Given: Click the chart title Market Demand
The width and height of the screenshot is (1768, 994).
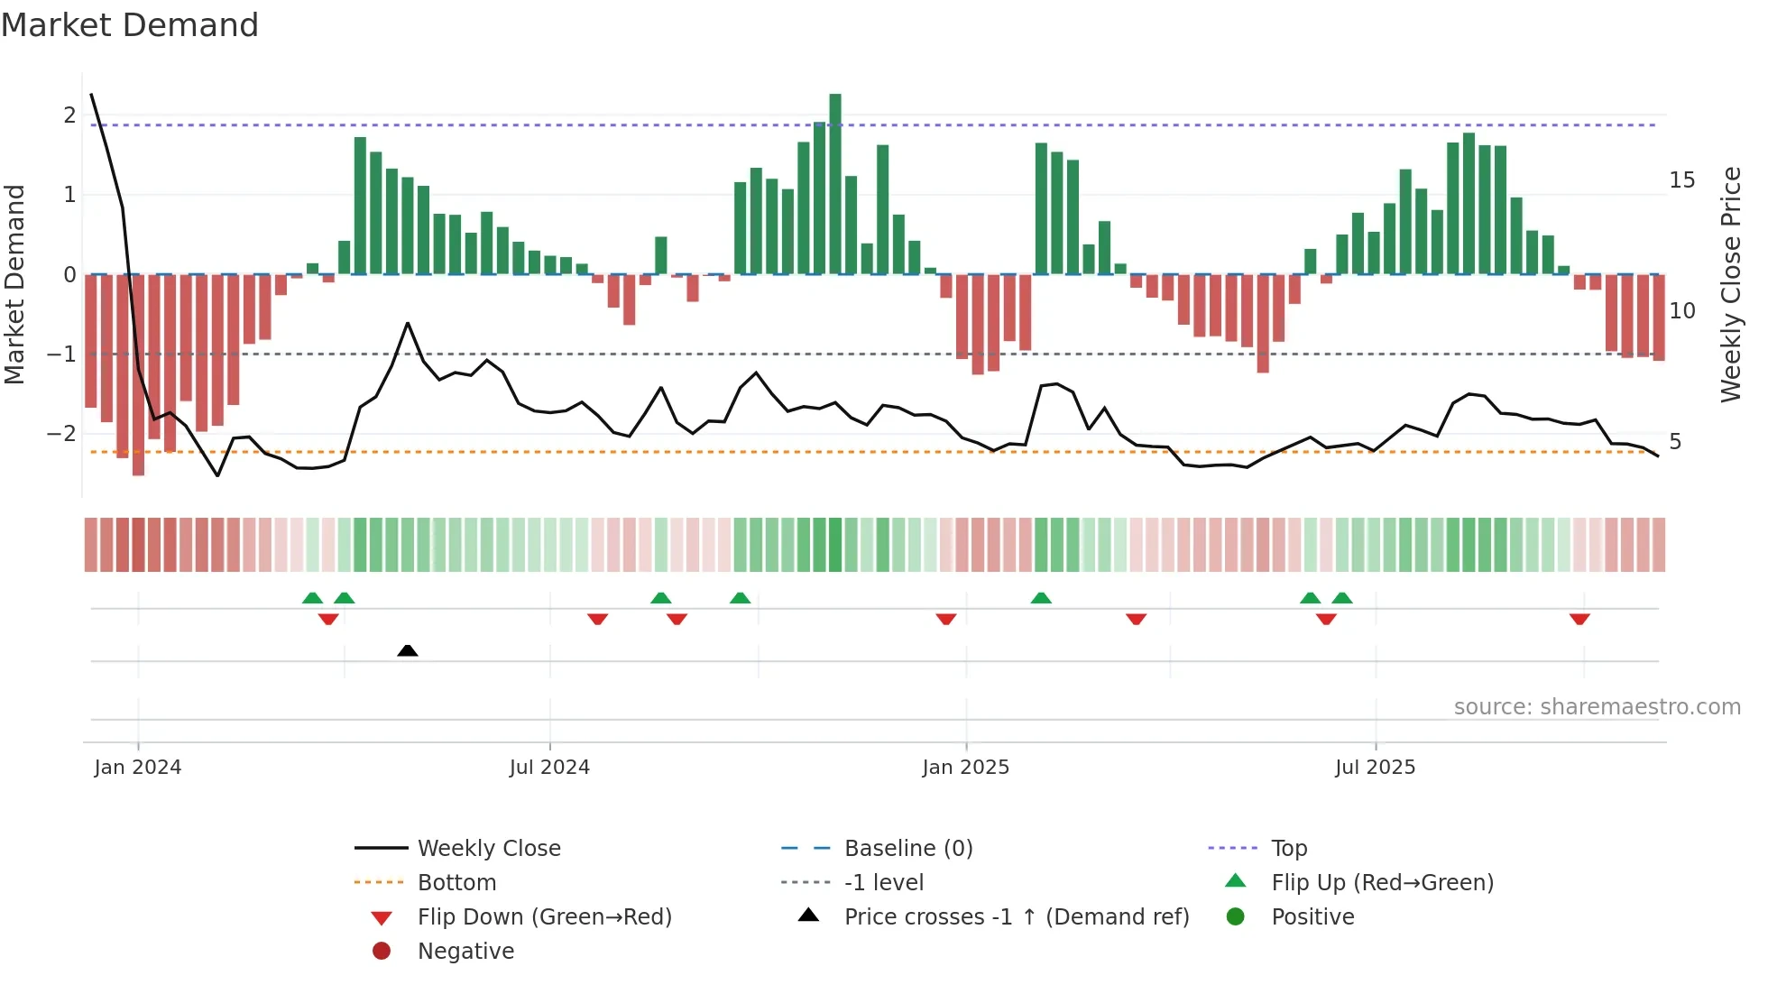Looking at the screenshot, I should click(130, 25).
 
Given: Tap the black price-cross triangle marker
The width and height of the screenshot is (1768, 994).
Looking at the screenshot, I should click(408, 650).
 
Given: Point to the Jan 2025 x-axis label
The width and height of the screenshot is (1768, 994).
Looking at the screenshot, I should click(965, 768).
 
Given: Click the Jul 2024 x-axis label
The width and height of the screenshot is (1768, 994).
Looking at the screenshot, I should click(548, 768).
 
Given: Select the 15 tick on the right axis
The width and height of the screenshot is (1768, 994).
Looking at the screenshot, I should click(1681, 180).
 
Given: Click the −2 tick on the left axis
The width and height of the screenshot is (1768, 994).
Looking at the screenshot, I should click(61, 433).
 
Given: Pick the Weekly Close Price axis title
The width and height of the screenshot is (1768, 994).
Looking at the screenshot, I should click(1730, 284).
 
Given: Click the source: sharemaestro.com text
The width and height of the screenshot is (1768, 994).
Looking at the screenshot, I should click(1597, 706).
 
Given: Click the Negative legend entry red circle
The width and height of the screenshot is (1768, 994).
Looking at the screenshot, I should click(382, 951).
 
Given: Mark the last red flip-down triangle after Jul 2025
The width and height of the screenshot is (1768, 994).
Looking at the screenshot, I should click(1579, 619).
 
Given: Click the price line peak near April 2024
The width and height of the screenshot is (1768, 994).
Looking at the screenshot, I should click(408, 323).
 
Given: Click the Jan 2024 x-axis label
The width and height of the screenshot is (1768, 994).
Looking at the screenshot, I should click(137, 768).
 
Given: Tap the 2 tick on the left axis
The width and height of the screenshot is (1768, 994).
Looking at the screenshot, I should click(69, 115).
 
